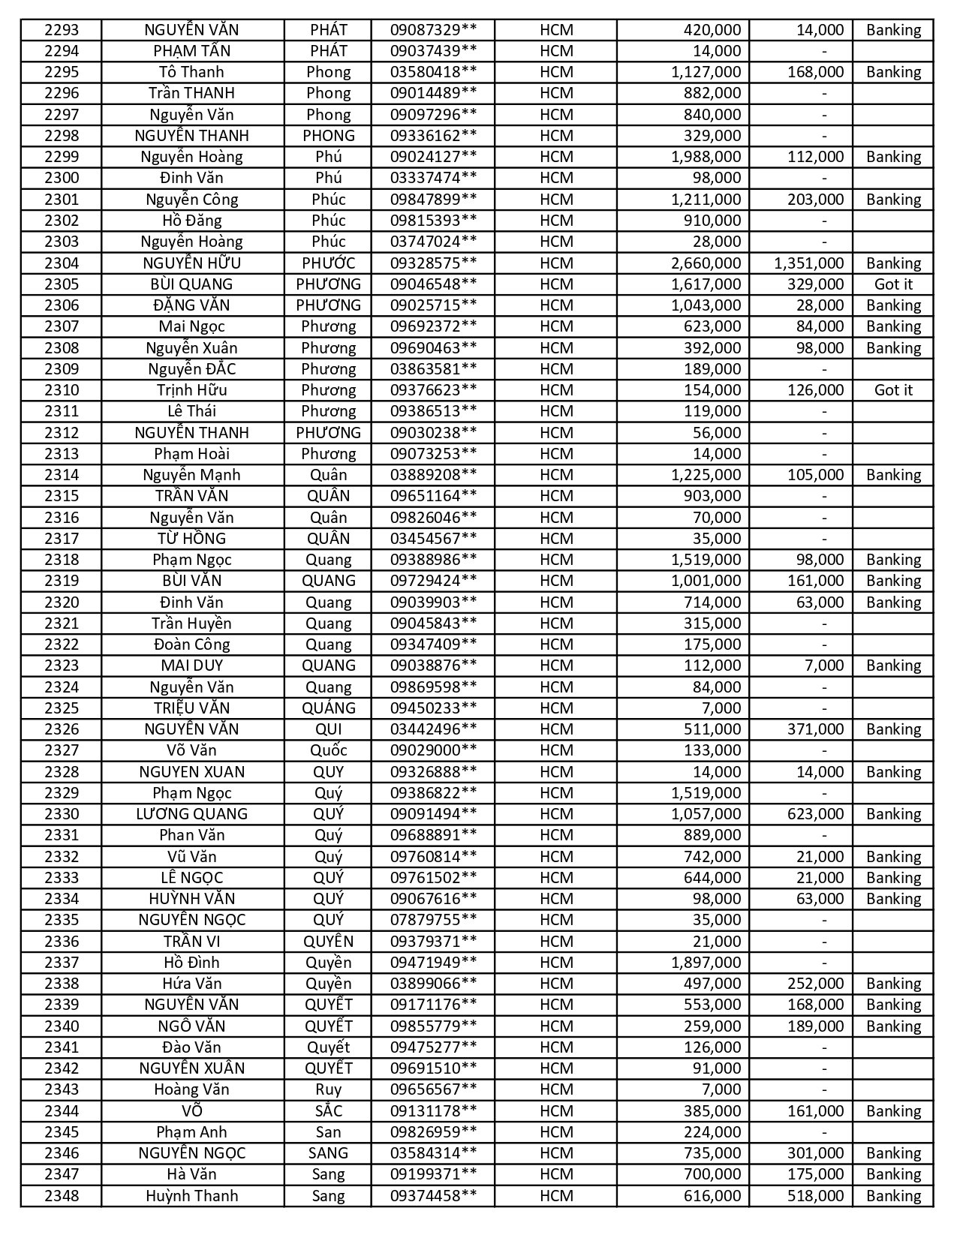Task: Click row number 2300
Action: [x=62, y=178]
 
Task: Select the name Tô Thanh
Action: [x=191, y=72]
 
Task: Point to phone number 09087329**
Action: [x=433, y=30]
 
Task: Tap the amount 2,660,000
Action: [x=706, y=263]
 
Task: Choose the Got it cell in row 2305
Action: [x=893, y=284]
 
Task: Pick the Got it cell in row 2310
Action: [x=893, y=390]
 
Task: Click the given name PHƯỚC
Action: [x=328, y=263]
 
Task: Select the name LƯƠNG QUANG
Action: [x=191, y=814]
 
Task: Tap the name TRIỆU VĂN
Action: [x=191, y=708]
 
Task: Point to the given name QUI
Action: [x=328, y=729]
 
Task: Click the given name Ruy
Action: [x=328, y=1089]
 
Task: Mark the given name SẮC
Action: [x=328, y=1111]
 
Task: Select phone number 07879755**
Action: [x=433, y=920]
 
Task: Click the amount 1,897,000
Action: [x=706, y=963]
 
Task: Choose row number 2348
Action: [x=62, y=1196]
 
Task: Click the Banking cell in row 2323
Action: [x=893, y=666]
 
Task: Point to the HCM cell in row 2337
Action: [x=556, y=963]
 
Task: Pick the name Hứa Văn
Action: [x=191, y=984]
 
